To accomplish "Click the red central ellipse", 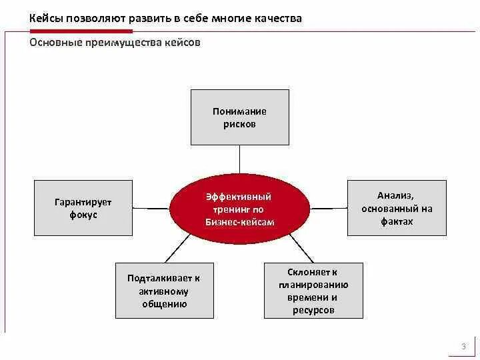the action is (x=239, y=209).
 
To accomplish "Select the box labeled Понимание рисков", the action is (x=239, y=117).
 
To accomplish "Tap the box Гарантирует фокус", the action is (x=83, y=207).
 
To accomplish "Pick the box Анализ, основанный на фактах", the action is (x=396, y=207).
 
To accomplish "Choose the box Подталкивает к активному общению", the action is (x=164, y=291).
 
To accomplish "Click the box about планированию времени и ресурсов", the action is (x=313, y=291).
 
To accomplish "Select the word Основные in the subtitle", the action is (x=55, y=42).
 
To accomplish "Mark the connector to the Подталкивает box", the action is (x=177, y=249).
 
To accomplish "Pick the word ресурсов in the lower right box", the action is (x=313, y=310).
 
